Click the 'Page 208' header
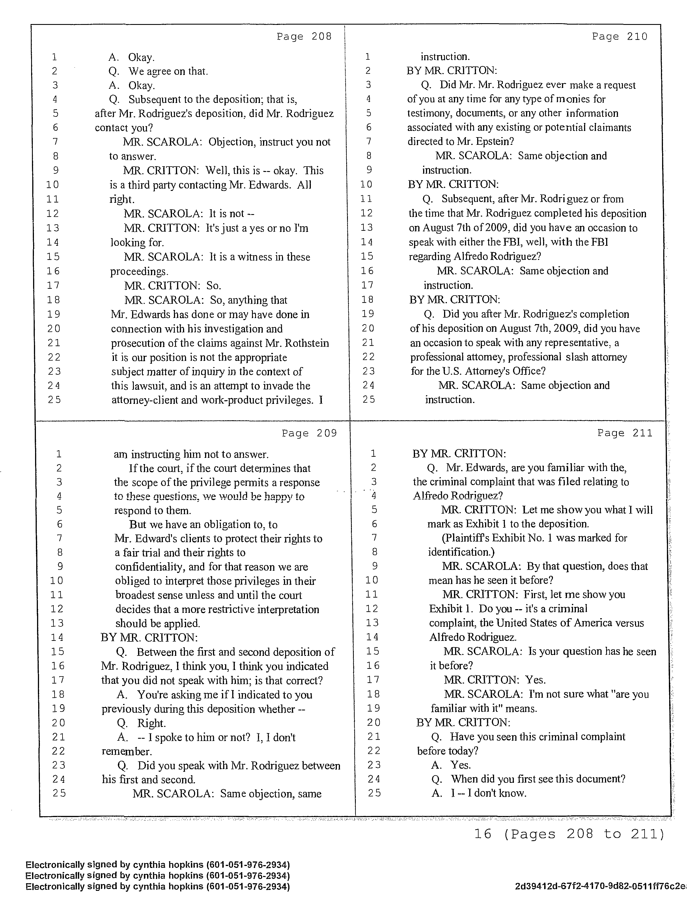coord(304,37)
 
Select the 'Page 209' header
coord(309,433)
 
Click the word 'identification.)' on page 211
coord(461,552)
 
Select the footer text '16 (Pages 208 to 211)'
coord(569,834)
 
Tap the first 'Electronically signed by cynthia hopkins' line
coord(158,865)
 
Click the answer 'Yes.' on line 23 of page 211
coord(460,765)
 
